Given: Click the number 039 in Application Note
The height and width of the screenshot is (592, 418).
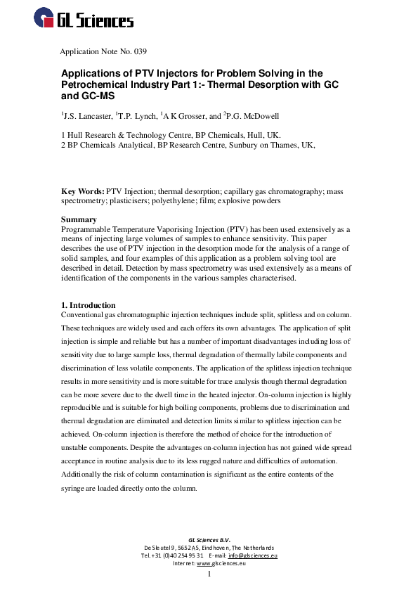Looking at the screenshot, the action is [x=138, y=51].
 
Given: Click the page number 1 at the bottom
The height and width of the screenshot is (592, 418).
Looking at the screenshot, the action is [x=209, y=574].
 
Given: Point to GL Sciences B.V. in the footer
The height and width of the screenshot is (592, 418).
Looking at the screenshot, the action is [x=209, y=539].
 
